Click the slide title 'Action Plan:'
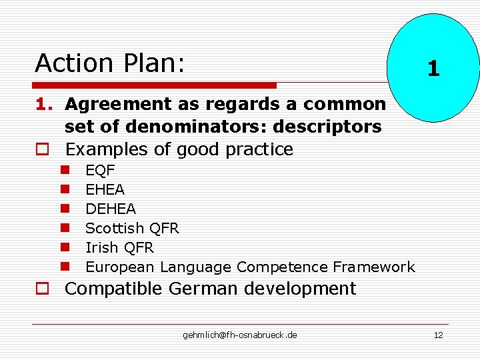coord(110,63)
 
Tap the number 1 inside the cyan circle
coord(433,69)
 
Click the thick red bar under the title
coord(155,85)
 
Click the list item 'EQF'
coord(100,171)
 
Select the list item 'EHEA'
coord(105,190)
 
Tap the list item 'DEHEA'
coord(110,209)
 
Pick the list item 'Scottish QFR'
coord(132,229)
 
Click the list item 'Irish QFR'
coord(119,248)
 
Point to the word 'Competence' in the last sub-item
coord(282,267)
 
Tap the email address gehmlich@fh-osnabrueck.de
coord(240,335)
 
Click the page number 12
coord(438,335)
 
